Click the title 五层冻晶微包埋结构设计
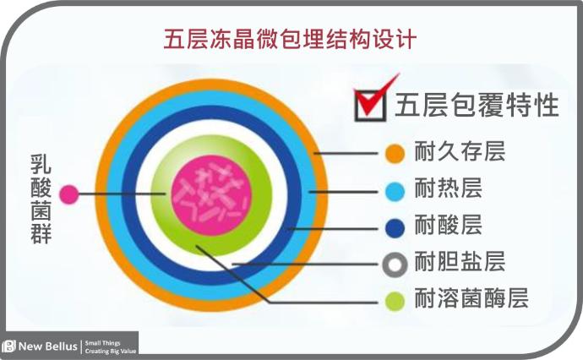pyautogui.click(x=290, y=39)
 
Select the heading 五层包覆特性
pyautogui.click(x=477, y=105)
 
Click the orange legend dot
pyautogui.click(x=395, y=153)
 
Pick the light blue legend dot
pyautogui.click(x=395, y=192)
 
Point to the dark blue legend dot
pyautogui.click(x=395, y=227)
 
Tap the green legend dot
pyautogui.click(x=395, y=301)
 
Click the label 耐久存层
pyautogui.click(x=460, y=151)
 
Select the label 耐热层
pyautogui.click(x=449, y=188)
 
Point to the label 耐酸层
pyautogui.click(x=449, y=225)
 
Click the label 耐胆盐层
pyautogui.click(x=460, y=261)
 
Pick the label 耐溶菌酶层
pyautogui.click(x=471, y=298)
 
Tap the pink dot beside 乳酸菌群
pyautogui.click(x=69, y=194)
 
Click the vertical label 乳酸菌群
pyautogui.click(x=41, y=199)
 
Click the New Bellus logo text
pyautogui.click(x=47, y=346)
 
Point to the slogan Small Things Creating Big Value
pyautogui.click(x=111, y=347)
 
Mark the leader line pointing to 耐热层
pyautogui.click(x=343, y=192)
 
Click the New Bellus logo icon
pyautogui.click(x=8, y=346)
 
